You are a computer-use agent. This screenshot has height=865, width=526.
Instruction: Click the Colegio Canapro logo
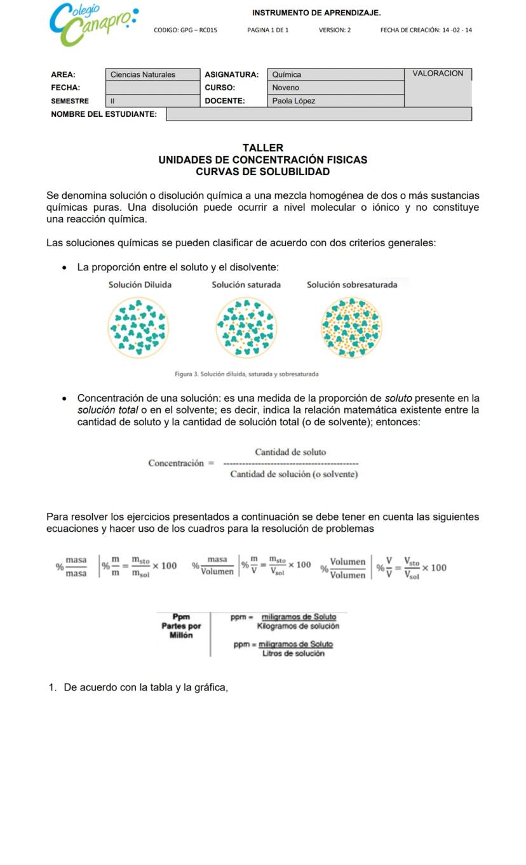pos(92,25)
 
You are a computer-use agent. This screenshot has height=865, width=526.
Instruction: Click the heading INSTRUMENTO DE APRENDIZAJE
pos(316,13)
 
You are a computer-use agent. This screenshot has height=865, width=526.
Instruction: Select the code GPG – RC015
pos(185,30)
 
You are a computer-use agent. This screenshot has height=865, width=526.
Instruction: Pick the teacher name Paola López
pos(293,101)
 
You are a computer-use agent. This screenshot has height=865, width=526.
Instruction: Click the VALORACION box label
pos(438,74)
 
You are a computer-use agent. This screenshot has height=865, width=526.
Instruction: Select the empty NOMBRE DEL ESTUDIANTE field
pos(318,114)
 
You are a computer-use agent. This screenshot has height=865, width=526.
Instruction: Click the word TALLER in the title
pos(263,148)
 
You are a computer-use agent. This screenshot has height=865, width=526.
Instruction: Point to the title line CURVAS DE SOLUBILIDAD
pos(263,172)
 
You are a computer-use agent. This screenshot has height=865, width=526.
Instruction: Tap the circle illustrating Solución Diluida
pos(138,327)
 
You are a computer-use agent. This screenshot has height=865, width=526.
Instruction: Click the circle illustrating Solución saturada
pos(246,327)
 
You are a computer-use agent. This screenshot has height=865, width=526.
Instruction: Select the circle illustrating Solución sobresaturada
pos(352,327)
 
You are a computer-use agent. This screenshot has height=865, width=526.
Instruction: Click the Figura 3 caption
pos(246,374)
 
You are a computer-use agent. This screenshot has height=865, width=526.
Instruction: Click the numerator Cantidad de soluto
pos(290,452)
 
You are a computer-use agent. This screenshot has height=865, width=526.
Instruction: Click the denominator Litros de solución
pos(293,654)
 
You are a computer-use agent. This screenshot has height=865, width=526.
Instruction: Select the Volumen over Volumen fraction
pos(347,569)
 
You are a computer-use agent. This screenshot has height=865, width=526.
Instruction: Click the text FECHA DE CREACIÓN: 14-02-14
pos(426,30)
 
